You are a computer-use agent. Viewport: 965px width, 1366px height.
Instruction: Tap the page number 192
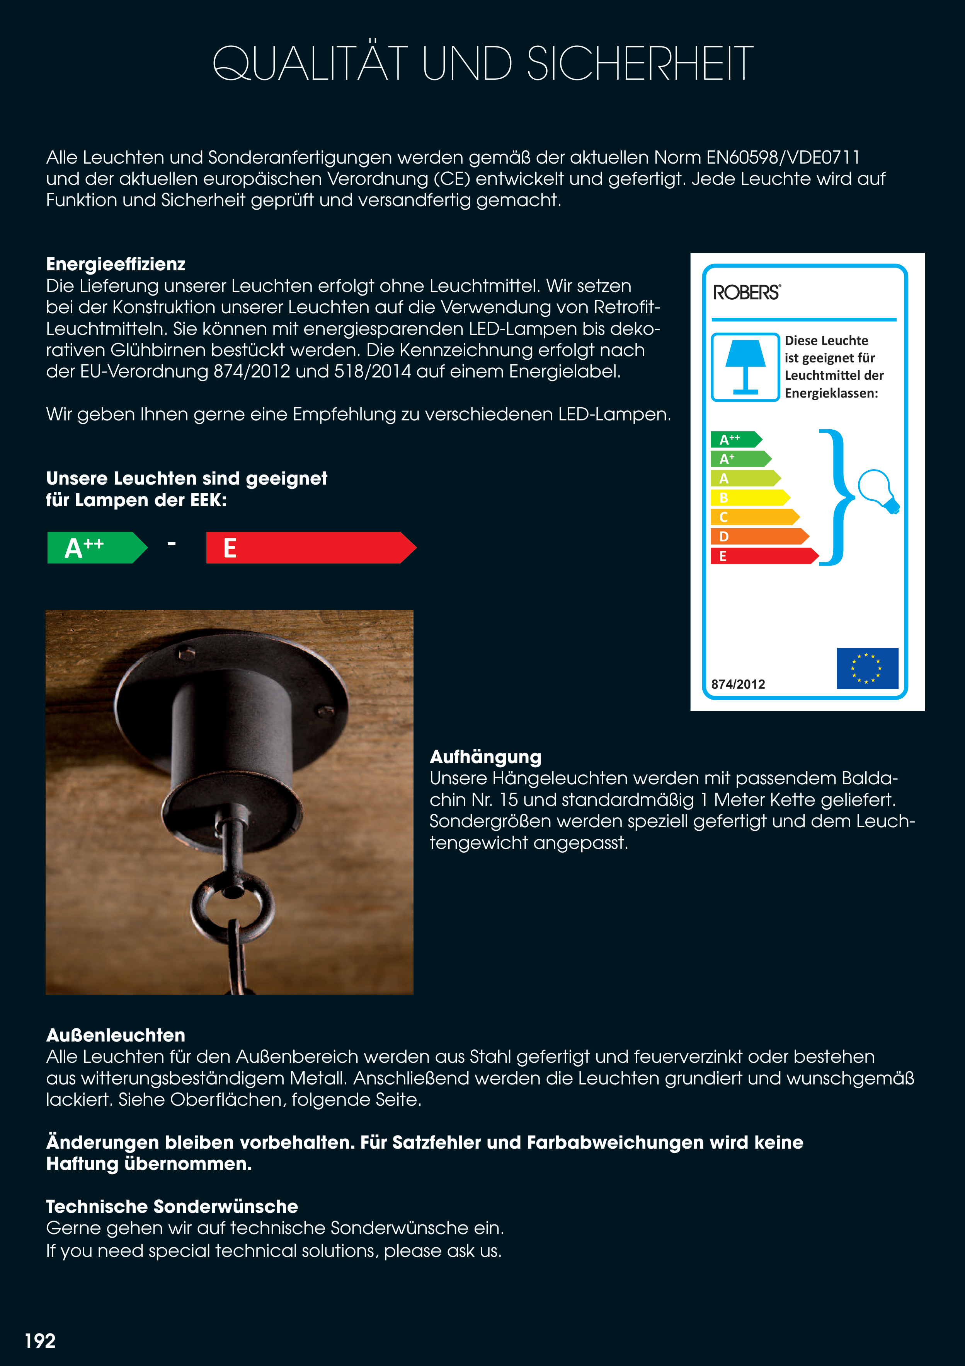tap(40, 1340)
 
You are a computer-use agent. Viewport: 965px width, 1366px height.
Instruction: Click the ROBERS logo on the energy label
tap(746, 293)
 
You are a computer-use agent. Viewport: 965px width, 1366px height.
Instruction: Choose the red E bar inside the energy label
tap(763, 556)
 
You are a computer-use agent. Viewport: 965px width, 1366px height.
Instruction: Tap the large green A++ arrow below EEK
tap(95, 547)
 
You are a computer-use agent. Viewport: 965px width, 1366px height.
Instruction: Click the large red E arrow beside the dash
tap(309, 547)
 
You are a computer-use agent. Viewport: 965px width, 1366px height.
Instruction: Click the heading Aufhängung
tap(485, 757)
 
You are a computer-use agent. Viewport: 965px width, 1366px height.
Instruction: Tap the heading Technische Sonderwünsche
tap(172, 1207)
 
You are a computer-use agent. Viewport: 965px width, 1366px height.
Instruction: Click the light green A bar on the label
tap(744, 478)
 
